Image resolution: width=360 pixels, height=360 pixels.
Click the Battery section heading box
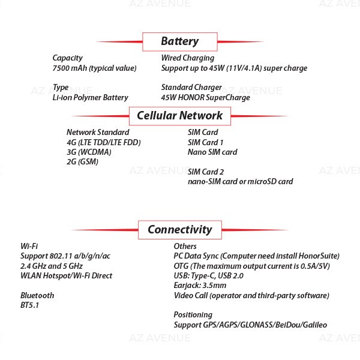[180, 42]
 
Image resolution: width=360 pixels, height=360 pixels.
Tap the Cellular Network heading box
[180, 116]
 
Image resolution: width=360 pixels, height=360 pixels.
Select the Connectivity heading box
[180, 230]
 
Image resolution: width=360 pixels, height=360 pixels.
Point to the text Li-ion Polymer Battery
[90, 98]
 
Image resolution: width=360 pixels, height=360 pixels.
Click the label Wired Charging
[188, 58]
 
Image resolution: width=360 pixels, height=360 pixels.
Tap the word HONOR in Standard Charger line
[191, 98]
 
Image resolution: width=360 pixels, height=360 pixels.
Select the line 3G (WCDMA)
[89, 152]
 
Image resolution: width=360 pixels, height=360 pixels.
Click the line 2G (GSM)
[82, 162]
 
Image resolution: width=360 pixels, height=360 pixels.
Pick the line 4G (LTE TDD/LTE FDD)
[104, 143]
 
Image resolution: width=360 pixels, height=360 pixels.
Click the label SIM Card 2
[205, 172]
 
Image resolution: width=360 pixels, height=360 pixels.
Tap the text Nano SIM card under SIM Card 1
[212, 152]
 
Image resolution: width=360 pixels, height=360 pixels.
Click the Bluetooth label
[37, 295]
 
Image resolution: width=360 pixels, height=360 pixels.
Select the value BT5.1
[29, 305]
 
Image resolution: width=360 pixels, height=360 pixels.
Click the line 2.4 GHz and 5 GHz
[52, 266]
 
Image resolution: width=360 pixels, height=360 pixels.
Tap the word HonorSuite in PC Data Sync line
[319, 256]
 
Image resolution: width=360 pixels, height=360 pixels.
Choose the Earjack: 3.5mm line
[200, 286]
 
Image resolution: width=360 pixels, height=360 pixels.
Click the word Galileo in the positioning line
[315, 325]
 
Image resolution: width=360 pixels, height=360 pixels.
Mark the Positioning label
[193, 315]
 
